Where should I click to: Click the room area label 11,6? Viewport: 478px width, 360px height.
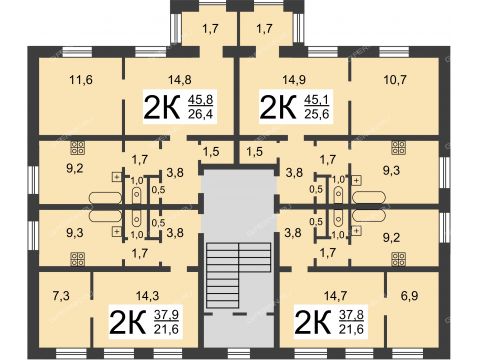80,80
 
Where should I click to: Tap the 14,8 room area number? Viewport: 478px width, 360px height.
180,80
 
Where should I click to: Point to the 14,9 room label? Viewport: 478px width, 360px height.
294,80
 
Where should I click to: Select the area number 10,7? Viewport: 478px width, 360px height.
395,80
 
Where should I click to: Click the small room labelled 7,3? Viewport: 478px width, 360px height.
61,295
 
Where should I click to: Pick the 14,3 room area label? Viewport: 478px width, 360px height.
147,295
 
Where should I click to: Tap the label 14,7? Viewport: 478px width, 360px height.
335,295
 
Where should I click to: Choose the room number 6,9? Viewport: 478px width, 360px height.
409,295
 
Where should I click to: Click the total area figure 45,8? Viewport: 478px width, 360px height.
200,99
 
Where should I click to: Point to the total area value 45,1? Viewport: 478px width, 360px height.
316,99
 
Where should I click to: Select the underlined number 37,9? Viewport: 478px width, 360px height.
166,314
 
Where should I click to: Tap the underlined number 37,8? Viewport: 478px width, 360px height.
351,314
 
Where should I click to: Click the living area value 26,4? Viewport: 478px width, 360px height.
200,114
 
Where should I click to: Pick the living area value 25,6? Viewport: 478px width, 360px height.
316,114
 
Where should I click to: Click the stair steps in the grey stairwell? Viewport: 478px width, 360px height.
238,275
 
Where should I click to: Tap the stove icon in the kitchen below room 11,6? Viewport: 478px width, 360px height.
77,148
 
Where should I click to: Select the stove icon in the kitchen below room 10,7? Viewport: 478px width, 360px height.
399,148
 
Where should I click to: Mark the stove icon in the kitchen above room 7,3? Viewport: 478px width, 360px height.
77,259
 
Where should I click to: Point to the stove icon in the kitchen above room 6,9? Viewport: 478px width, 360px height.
399,259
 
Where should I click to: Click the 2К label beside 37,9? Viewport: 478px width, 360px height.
128,322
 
